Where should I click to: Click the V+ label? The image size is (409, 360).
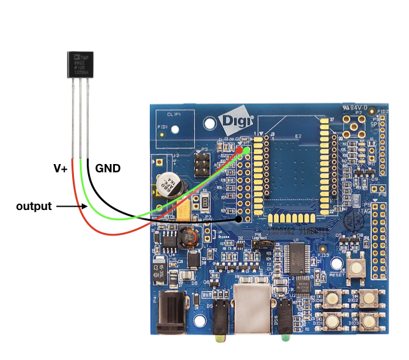pos(60,169)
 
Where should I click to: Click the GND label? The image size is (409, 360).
pos(108,169)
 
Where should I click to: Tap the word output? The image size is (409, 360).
pos(34,206)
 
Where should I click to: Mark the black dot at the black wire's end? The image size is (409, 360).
pos(239,219)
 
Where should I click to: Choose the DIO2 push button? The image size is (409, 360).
pos(368,297)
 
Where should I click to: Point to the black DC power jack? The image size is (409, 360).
pos(172,311)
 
